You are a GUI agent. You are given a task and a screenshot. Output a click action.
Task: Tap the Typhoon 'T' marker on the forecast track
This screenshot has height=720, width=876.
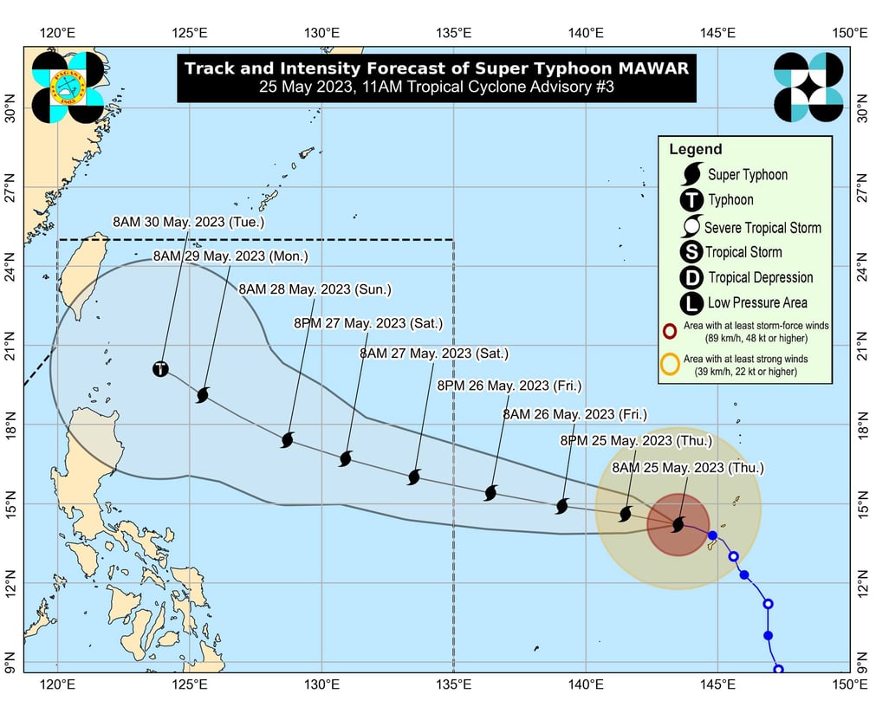click(160, 369)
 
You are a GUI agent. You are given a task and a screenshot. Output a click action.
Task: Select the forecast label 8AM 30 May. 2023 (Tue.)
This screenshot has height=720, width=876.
click(188, 223)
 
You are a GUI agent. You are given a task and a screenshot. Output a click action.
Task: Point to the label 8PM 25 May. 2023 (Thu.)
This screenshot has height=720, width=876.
click(636, 441)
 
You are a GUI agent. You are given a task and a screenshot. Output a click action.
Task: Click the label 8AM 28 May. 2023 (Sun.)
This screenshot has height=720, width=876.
click(315, 289)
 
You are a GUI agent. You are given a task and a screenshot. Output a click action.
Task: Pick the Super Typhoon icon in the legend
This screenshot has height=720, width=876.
click(691, 173)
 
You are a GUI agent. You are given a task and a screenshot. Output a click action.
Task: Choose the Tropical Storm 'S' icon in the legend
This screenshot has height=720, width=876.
click(691, 252)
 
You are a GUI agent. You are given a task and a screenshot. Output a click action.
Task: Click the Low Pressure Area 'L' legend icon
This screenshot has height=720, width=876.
click(691, 303)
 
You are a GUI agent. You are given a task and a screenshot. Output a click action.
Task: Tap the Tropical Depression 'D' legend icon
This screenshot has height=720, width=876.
click(691, 277)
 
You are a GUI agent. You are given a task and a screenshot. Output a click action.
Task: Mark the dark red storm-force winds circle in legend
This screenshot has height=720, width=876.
click(670, 331)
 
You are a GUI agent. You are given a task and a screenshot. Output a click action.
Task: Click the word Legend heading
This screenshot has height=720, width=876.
click(695, 150)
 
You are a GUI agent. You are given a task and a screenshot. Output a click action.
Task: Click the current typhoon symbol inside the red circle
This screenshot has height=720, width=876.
click(678, 524)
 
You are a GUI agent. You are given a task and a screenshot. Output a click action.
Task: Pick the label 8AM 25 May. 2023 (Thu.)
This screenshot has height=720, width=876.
click(688, 468)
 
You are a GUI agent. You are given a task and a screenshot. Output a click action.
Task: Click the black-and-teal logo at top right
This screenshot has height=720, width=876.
click(808, 87)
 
